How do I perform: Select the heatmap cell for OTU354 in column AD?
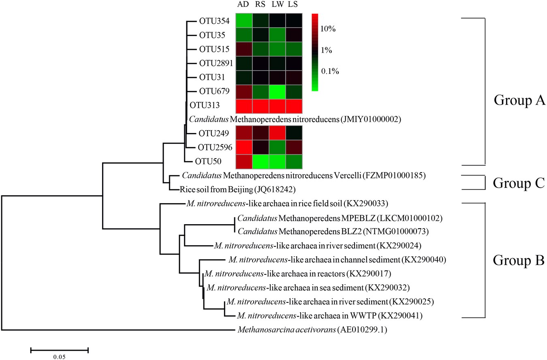(x=244, y=21)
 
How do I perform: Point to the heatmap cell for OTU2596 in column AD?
(x=244, y=147)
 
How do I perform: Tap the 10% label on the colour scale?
(x=328, y=29)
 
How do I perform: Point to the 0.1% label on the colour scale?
(x=330, y=71)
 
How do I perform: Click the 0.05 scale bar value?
(x=59, y=357)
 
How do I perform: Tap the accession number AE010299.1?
(x=363, y=330)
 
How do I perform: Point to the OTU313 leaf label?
(x=205, y=105)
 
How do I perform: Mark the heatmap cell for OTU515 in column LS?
(x=294, y=49)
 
